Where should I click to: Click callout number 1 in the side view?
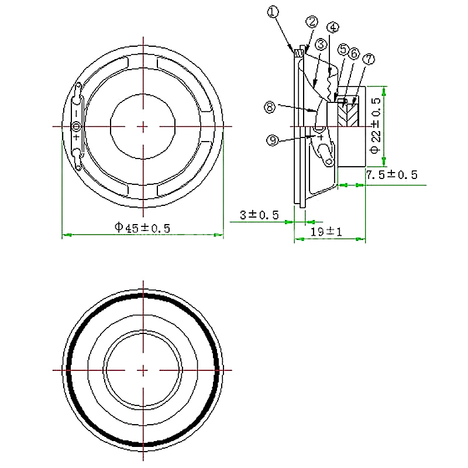[273, 12]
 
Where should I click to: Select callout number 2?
[312, 22]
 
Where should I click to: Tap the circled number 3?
[321, 44]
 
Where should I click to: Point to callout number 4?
[333, 27]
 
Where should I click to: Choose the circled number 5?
[343, 49]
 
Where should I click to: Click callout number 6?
[355, 54]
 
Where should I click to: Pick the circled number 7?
[369, 59]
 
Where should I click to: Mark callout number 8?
[270, 107]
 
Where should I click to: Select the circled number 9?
[273, 140]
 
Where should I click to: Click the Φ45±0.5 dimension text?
[142, 228]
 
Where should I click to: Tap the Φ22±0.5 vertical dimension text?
[376, 126]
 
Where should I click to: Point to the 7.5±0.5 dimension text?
[391, 175]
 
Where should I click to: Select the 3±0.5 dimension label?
[259, 215]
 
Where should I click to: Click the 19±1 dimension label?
[326, 232]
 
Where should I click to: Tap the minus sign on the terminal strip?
[77, 113]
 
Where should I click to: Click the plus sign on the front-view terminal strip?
[77, 137]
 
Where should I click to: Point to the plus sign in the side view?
[321, 137]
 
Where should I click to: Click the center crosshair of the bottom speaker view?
[143, 370]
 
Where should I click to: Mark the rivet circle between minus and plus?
[77, 126]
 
